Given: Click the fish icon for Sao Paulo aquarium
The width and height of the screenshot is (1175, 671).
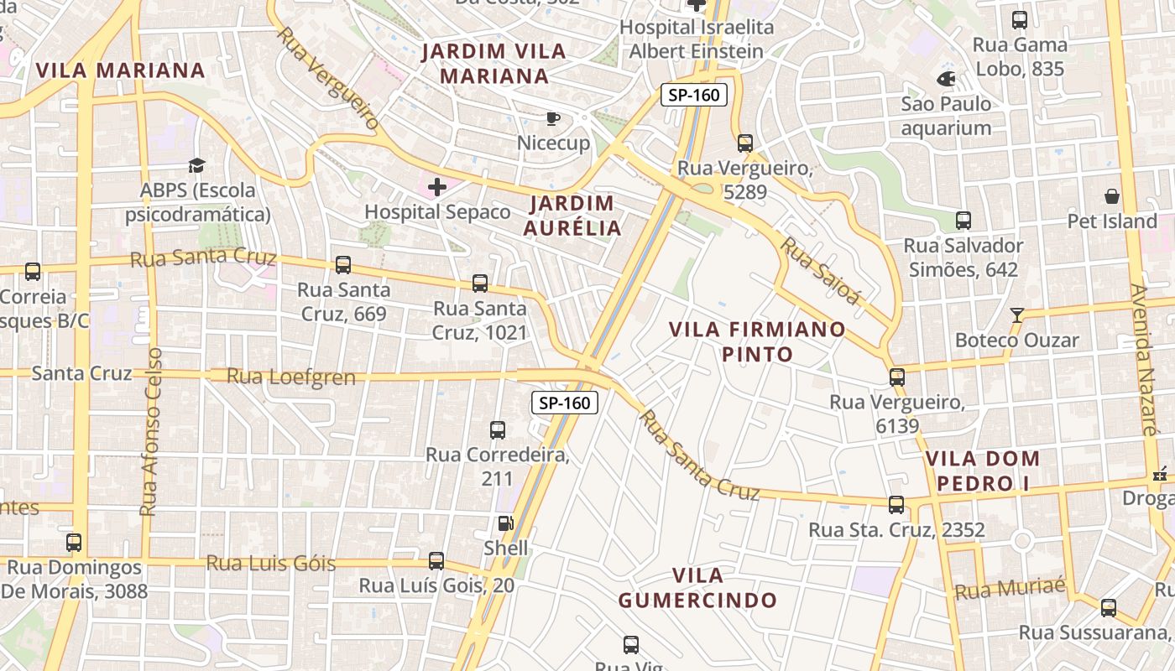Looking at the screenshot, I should coord(946,80).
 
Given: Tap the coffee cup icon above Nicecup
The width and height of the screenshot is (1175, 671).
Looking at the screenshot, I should coord(552,118).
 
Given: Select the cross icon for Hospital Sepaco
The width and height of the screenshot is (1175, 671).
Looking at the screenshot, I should coord(437,187).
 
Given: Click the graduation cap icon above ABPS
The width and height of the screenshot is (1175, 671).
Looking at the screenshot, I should coord(196,166).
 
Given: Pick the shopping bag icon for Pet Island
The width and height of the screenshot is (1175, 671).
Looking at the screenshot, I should coord(1112,197).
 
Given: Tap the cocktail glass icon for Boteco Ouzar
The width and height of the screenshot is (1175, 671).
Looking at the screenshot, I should coord(1017,315).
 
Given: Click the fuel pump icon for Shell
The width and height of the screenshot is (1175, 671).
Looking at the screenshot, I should coord(505,523).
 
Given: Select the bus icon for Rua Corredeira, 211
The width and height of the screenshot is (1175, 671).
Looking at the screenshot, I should coord(498,430).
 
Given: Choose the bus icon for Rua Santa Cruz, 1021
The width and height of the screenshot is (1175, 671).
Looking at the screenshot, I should coord(480,283).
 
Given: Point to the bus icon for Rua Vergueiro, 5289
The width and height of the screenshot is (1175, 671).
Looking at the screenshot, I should coord(745,143).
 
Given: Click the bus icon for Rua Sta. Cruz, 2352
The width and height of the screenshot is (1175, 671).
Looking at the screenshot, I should coord(896,505).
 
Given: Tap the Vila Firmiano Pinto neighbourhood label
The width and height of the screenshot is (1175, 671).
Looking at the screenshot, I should coord(757,341).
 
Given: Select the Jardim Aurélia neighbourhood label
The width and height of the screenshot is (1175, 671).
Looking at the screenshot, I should coord(573,216).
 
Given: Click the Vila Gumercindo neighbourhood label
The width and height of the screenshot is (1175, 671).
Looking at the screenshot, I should coord(697,588).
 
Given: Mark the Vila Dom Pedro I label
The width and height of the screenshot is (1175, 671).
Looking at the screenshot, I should coord(983,471).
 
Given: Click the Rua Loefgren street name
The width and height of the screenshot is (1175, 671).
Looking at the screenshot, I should coord(290,377).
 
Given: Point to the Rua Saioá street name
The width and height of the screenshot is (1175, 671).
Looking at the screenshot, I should coord(822,271).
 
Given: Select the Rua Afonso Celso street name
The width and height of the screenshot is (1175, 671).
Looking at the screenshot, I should coord(151,432).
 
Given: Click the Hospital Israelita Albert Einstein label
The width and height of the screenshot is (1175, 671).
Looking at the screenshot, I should coord(697,39).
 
